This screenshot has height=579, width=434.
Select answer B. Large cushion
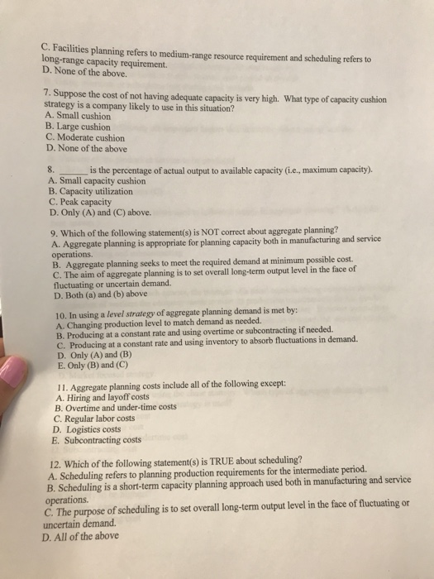pos(82,128)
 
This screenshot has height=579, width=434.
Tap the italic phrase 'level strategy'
pos(147,315)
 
